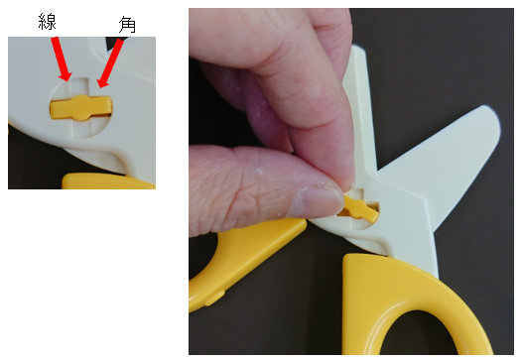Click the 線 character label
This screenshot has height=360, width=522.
(47, 22)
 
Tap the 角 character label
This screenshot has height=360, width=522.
(127, 25)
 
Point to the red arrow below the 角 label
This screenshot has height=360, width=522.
(110, 63)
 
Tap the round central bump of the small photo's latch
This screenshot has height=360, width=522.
(80, 107)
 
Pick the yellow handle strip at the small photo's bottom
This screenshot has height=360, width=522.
(108, 180)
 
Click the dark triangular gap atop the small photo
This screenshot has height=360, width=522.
(112, 43)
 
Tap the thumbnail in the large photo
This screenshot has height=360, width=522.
(319, 202)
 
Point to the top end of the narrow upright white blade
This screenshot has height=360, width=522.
(358, 50)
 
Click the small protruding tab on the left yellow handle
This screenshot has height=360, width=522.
(213, 299)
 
